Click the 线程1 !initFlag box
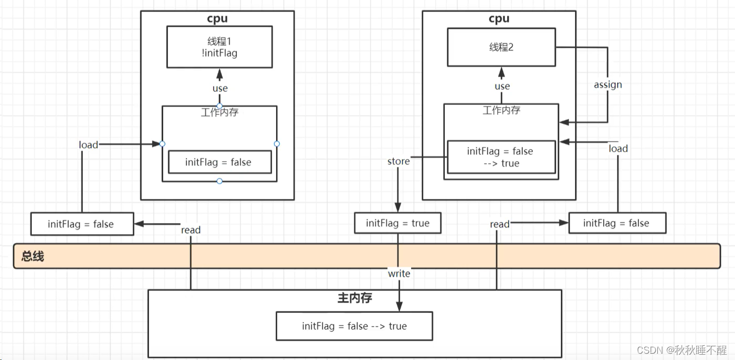[x=219, y=47]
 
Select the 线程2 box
[x=501, y=47]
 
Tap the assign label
[x=608, y=84]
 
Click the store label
[x=398, y=161]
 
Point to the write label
[x=399, y=273]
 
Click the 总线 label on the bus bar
[x=33, y=256]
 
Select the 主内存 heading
[x=355, y=298]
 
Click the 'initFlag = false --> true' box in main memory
[x=354, y=326]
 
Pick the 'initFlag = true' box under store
[x=398, y=223]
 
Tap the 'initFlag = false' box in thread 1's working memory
[x=220, y=162]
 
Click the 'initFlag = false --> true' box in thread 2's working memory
[x=501, y=157]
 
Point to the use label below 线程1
[x=220, y=88]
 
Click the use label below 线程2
[x=502, y=86]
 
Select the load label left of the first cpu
[x=88, y=145]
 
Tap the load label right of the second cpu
[x=618, y=149]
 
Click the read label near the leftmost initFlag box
[x=191, y=230]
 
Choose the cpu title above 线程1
[x=217, y=19]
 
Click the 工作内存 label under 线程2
[x=501, y=110]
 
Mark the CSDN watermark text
[x=681, y=350]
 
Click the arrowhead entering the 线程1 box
[x=219, y=74]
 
